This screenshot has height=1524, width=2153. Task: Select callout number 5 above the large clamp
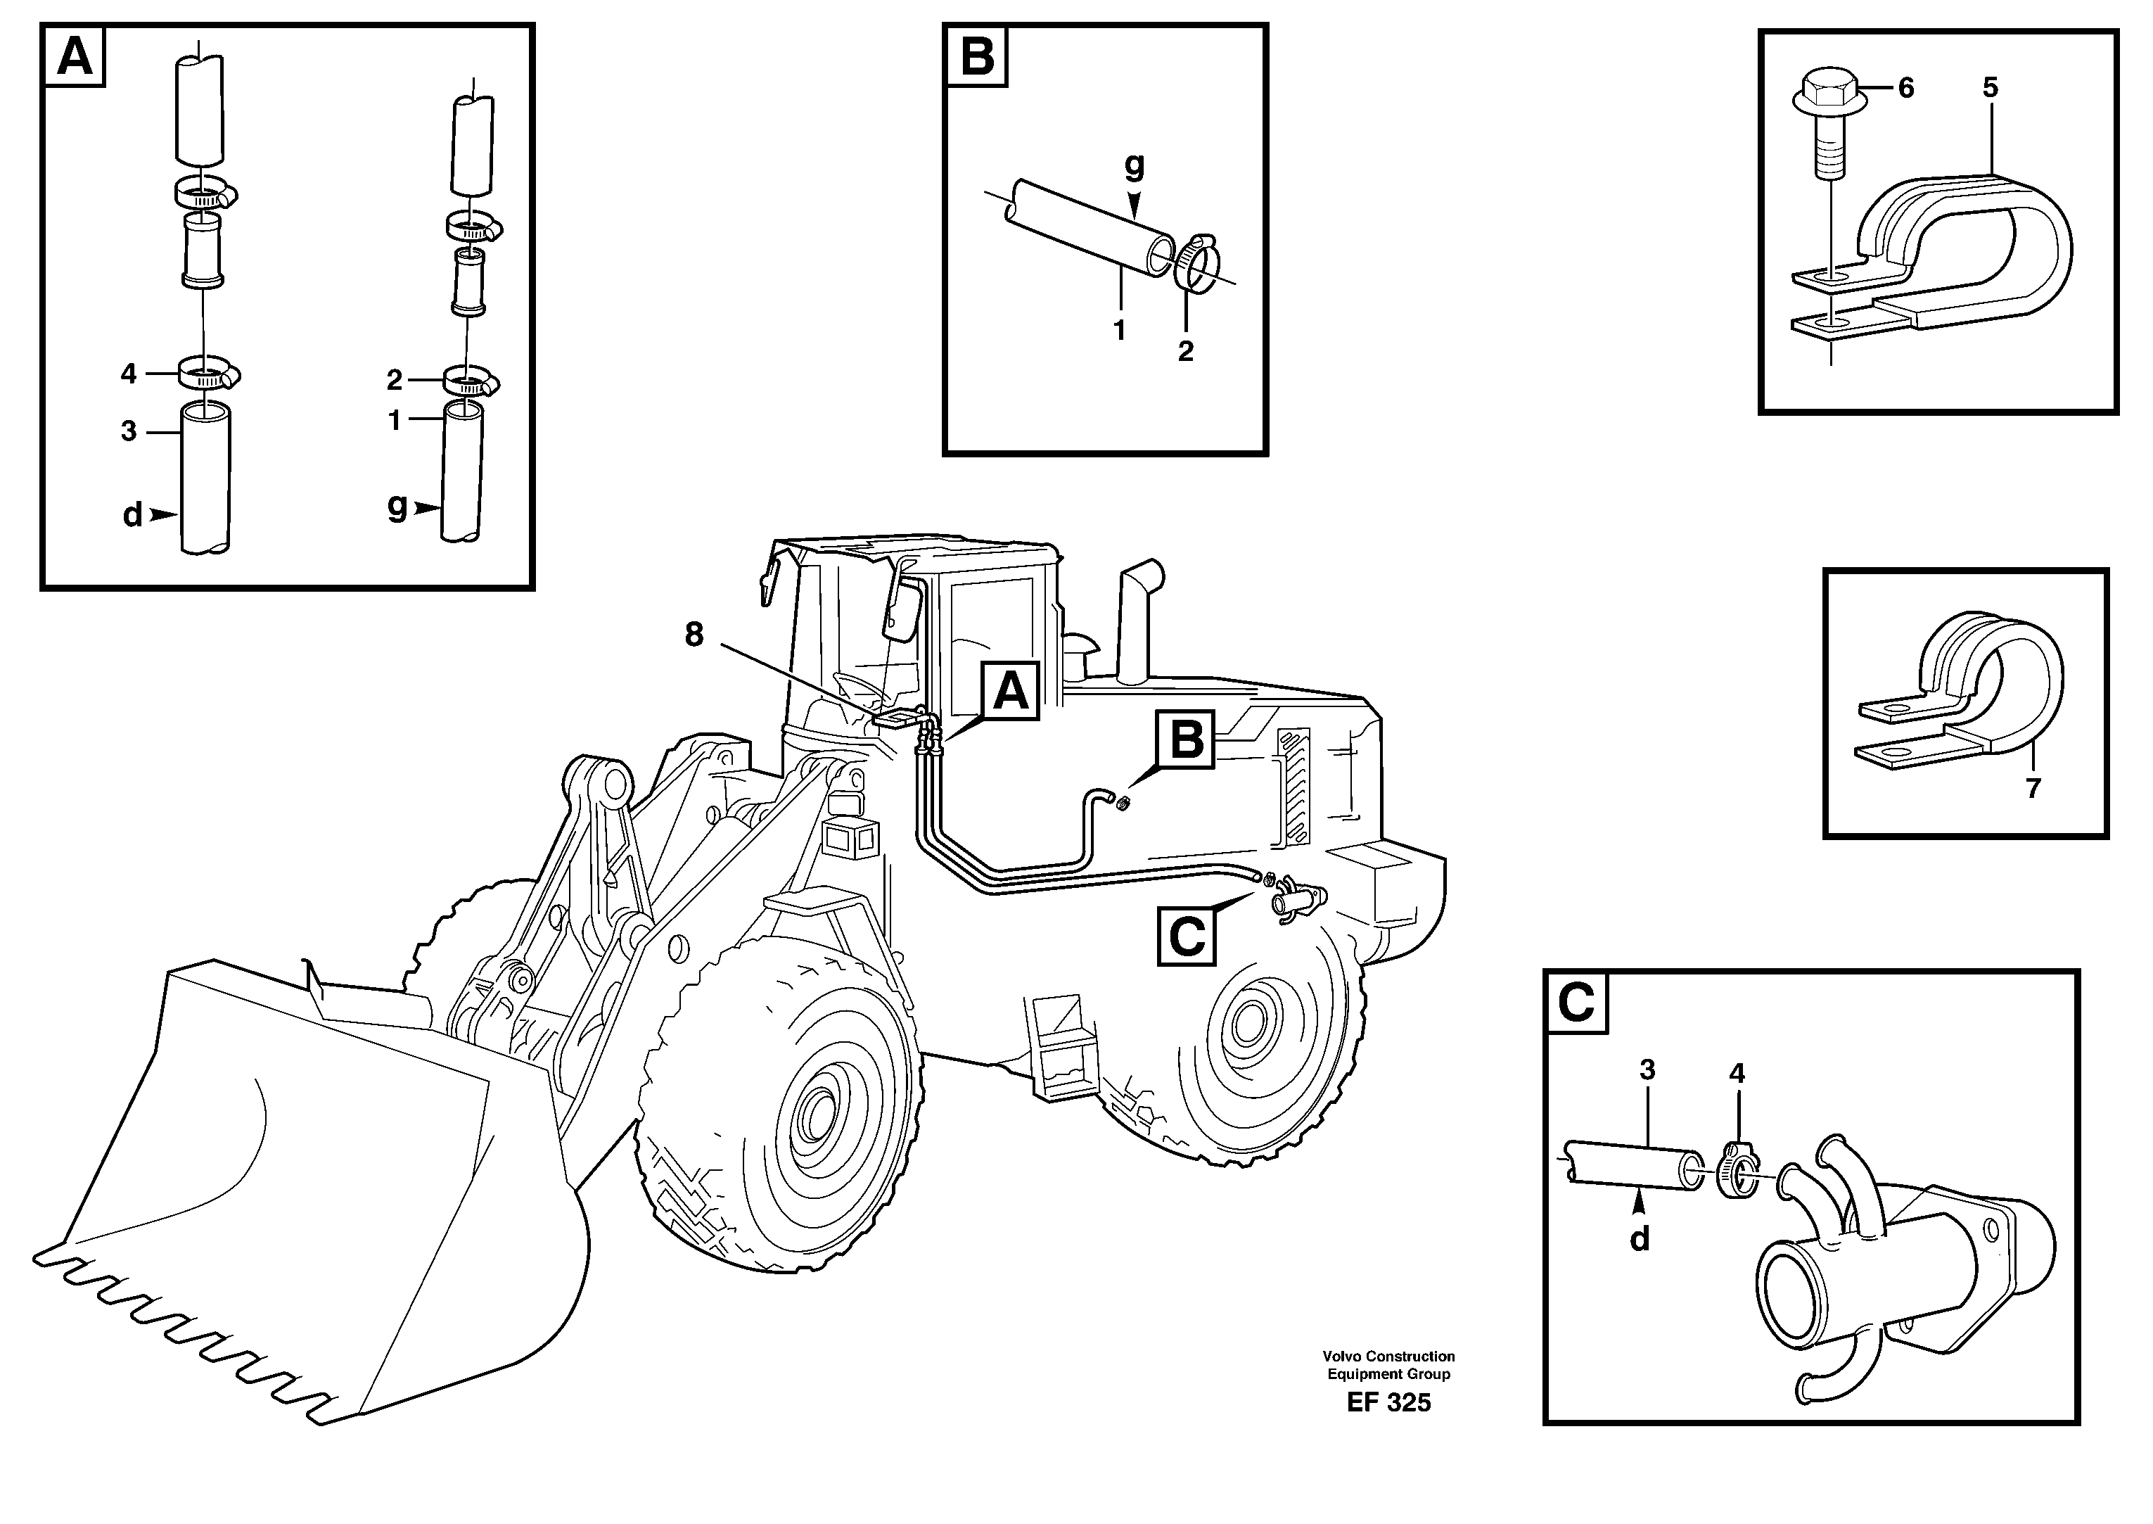(1990, 88)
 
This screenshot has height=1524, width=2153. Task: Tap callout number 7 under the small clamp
(2032, 788)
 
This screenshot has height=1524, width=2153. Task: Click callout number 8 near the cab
(694, 635)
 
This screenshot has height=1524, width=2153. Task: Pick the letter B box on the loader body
(1187, 739)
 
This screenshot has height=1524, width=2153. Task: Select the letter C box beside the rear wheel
(1187, 936)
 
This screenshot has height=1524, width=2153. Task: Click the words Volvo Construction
(1388, 1356)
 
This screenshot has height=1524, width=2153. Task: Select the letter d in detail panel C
(1639, 1240)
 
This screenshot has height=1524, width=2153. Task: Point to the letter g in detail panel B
(1135, 166)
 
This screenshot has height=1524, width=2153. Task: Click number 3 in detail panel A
(129, 432)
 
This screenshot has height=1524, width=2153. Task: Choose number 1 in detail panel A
(395, 421)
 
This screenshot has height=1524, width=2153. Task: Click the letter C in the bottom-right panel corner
(1576, 1003)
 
